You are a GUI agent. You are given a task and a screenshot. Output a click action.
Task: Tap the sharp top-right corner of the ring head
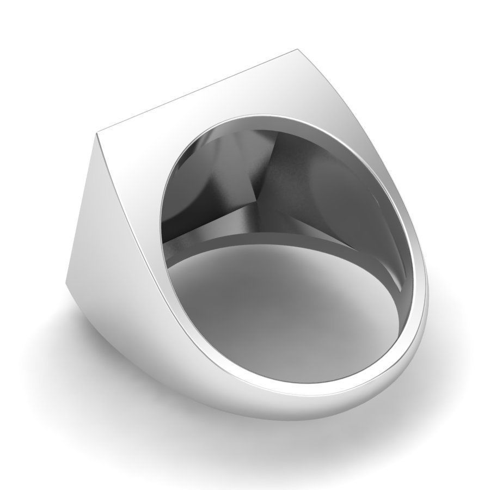click(299, 50)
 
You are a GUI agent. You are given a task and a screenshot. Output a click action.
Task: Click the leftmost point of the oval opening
click(161, 229)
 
